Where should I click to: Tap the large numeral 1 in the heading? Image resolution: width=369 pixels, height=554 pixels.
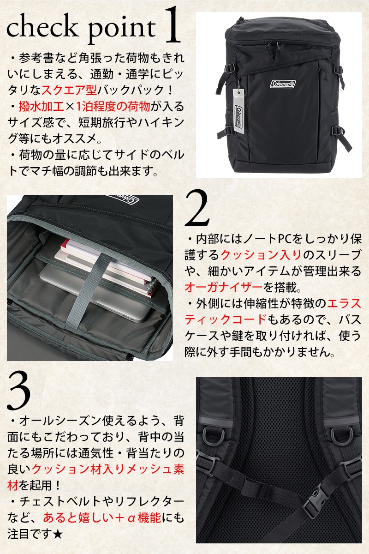[x=172, y=25]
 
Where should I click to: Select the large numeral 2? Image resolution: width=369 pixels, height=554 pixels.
[x=197, y=208]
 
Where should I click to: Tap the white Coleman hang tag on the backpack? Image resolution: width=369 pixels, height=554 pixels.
[x=239, y=108]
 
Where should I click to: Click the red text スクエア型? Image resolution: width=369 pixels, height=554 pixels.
[x=69, y=90]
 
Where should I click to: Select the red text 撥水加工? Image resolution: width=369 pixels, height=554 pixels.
[x=41, y=107]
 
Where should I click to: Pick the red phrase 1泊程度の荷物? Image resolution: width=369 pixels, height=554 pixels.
[x=113, y=107]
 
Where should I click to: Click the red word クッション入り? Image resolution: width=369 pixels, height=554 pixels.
[x=261, y=255]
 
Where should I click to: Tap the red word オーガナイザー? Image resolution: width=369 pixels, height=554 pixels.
[x=224, y=287]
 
